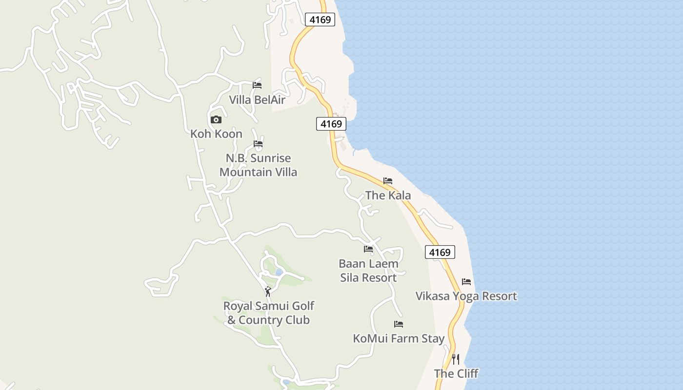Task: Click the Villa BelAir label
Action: (257, 99)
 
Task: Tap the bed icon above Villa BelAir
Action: (257, 85)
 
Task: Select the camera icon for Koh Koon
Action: (216, 119)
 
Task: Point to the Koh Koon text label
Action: (216, 134)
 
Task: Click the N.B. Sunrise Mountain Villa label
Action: (258, 165)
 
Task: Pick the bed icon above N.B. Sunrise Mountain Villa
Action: (258, 144)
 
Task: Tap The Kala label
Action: (388, 195)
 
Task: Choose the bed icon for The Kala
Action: (388, 181)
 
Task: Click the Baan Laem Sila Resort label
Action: (368, 271)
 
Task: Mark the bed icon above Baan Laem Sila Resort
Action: (368, 249)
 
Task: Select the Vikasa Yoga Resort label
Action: (466, 296)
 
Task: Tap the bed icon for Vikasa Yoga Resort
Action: (466, 282)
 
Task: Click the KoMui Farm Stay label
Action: (399, 338)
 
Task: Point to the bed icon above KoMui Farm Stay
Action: (399, 324)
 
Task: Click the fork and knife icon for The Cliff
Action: (456, 359)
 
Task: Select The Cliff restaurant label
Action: (456, 373)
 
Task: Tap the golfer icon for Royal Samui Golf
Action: (268, 292)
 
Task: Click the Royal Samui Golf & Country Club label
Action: (268, 313)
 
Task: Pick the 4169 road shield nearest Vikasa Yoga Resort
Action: (440, 252)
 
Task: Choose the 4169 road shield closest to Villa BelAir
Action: (331, 124)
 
